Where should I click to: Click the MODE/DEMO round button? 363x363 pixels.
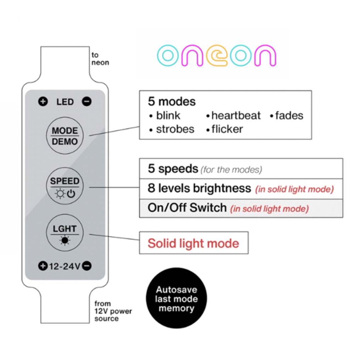point(65,136)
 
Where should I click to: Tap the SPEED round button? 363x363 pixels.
point(65,186)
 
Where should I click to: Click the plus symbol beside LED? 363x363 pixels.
point(43,102)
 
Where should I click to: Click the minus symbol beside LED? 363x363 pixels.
point(87,102)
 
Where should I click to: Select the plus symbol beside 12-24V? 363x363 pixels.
point(43,266)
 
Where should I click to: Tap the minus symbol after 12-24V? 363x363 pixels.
point(87,266)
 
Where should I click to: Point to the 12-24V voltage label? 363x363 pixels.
point(65,266)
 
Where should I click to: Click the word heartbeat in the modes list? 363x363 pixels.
point(236,116)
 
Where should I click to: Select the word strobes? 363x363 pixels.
point(175,129)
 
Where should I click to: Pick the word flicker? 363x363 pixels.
point(227,129)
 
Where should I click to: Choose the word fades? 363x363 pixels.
point(289,116)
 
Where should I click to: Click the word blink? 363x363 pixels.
point(168,116)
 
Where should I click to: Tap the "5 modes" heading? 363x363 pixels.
point(172,102)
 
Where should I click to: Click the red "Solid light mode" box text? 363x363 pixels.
point(193,243)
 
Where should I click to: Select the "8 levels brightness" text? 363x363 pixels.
point(199,188)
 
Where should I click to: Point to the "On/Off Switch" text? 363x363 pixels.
point(187,208)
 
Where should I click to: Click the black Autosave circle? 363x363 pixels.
point(176,299)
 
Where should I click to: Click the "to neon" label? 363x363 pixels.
point(100,59)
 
